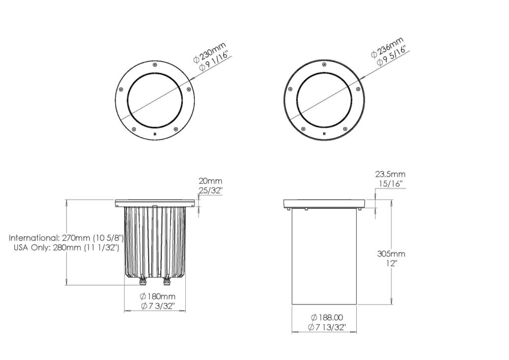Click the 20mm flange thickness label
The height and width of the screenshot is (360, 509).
210,181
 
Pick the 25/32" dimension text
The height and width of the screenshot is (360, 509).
211,190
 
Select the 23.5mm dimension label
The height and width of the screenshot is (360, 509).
390,174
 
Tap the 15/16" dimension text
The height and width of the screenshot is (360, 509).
391,184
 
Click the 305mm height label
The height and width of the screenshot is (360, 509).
391,254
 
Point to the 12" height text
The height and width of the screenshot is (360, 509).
391,263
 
